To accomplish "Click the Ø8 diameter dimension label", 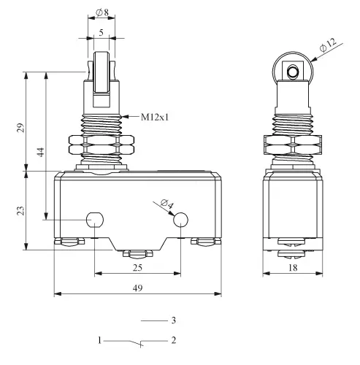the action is coord(102,12).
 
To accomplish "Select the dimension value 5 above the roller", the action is coord(101,32).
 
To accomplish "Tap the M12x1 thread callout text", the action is coord(155,118).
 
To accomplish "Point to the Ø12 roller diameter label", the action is coord(328,45).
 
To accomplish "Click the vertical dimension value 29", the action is coord(21,128).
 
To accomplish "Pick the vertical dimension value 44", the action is coord(41,152).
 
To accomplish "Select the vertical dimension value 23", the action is coord(21,210).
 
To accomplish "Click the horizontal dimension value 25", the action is coord(137,268).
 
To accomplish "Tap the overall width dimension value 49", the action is coord(137,288).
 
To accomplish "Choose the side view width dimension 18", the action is coord(293,268).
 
